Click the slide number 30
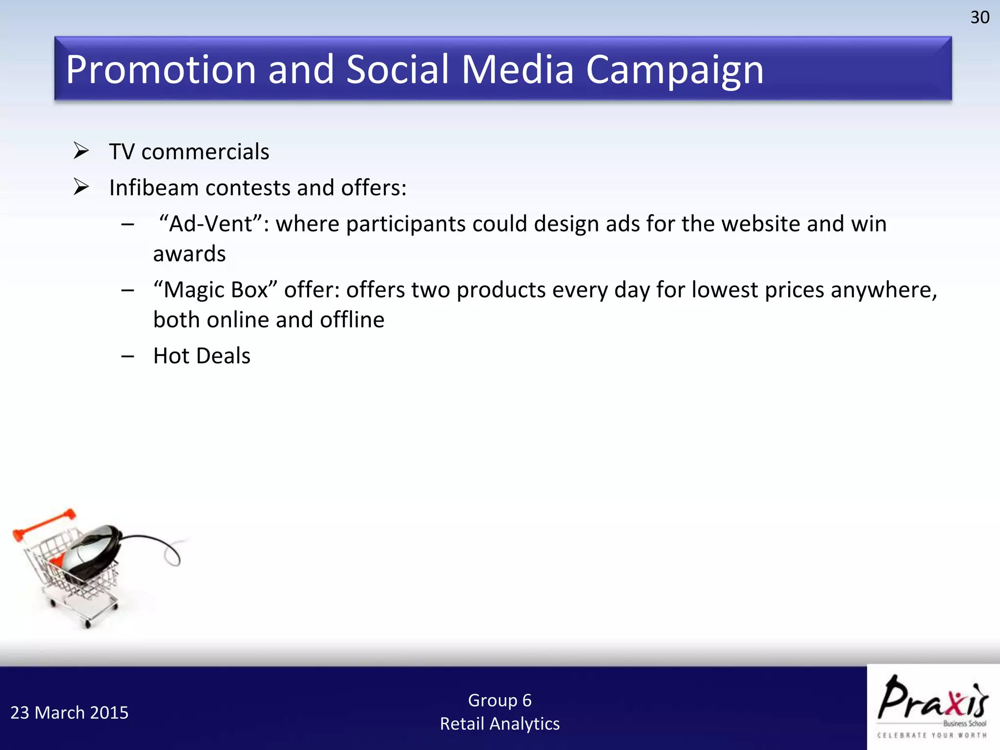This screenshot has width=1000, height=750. click(979, 18)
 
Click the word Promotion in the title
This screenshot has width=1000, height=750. click(161, 69)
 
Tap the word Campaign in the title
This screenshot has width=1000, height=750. click(674, 69)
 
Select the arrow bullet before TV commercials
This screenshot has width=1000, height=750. click(81, 151)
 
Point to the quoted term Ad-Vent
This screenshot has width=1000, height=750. click(211, 224)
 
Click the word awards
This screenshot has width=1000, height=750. click(189, 254)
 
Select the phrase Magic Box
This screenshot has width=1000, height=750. click(215, 290)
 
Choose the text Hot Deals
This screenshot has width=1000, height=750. click(202, 356)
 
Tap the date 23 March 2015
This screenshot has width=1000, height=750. click(69, 713)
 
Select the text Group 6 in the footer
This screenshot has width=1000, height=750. click(500, 700)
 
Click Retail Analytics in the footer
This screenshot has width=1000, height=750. click(500, 724)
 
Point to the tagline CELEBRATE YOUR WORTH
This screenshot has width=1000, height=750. click(932, 735)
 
